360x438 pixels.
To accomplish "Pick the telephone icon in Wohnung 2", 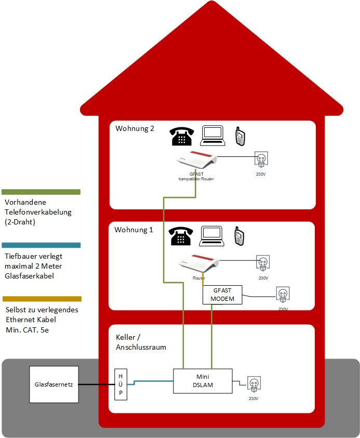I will (x=182, y=136).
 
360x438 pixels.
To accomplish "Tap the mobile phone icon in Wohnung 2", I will (x=239, y=136).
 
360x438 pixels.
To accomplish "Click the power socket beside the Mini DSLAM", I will (x=254, y=384).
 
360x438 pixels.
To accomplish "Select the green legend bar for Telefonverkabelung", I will (x=41, y=192).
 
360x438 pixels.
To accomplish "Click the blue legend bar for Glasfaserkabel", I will (x=41, y=245).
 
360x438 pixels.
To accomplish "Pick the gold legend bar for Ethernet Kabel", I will (x=42, y=299).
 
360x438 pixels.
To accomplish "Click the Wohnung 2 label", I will (x=135, y=129).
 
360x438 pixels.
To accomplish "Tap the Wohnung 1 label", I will (x=135, y=230).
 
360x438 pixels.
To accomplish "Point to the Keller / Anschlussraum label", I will (x=140, y=342).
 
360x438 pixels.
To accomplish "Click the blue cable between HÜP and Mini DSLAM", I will (x=153, y=382).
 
